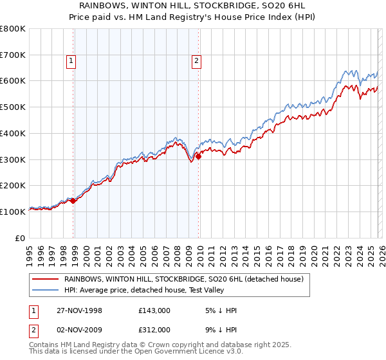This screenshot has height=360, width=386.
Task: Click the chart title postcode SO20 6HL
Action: (x=264, y=5)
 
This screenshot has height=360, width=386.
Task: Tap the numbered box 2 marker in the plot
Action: (x=196, y=62)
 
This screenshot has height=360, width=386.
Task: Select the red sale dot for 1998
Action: (x=73, y=201)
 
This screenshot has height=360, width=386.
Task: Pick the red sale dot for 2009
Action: (x=198, y=156)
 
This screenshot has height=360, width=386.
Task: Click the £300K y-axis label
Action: (x=13, y=159)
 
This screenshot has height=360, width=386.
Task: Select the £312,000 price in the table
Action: (x=154, y=329)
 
